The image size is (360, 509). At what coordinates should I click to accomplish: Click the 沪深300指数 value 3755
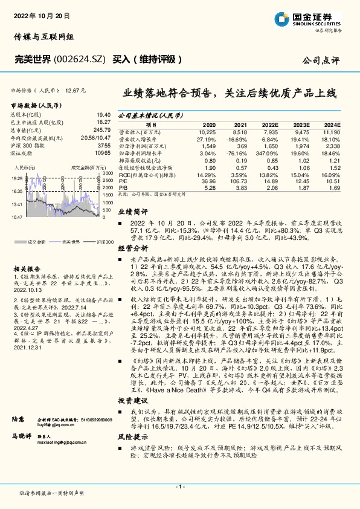[103, 145]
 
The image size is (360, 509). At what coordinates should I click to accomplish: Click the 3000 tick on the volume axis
[108, 173]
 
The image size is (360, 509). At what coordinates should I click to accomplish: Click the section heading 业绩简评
[131, 212]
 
